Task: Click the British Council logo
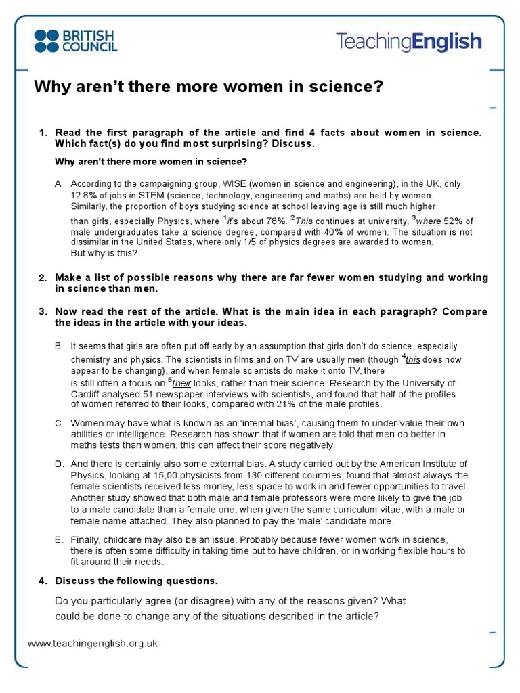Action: pyautogui.click(x=75, y=41)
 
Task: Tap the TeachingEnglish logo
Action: pyautogui.click(x=409, y=42)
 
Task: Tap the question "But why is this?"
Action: pyautogui.click(x=104, y=253)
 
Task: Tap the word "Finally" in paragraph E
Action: pyautogui.click(x=87, y=539)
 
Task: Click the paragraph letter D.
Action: pyautogui.click(x=59, y=464)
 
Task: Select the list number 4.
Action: pyautogui.click(x=42, y=581)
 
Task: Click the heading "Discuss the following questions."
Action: pyautogui.click(x=137, y=581)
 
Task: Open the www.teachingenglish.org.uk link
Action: pyautogui.click(x=93, y=644)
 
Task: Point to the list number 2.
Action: pyautogui.click(x=42, y=278)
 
